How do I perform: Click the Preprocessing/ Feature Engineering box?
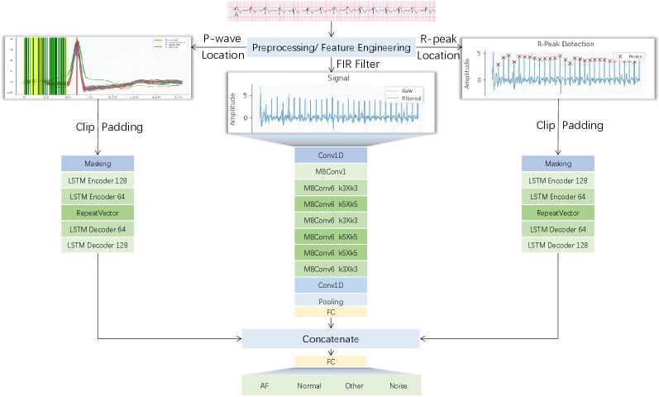pos(331,47)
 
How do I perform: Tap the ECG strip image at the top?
pos(331,11)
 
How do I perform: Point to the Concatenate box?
pos(331,338)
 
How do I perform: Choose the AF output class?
pos(265,385)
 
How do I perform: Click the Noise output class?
pos(399,385)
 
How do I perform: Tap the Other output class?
pos(354,385)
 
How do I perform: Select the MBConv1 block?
pos(331,171)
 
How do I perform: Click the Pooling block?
pos(331,300)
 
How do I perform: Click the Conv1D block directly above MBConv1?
pos(331,155)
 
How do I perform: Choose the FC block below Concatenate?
pos(331,361)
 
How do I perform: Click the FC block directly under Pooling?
pos(331,313)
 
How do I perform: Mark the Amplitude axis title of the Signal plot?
pos(232,108)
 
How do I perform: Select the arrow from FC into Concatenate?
pos(331,323)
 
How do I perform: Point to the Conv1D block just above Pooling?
pos(331,285)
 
